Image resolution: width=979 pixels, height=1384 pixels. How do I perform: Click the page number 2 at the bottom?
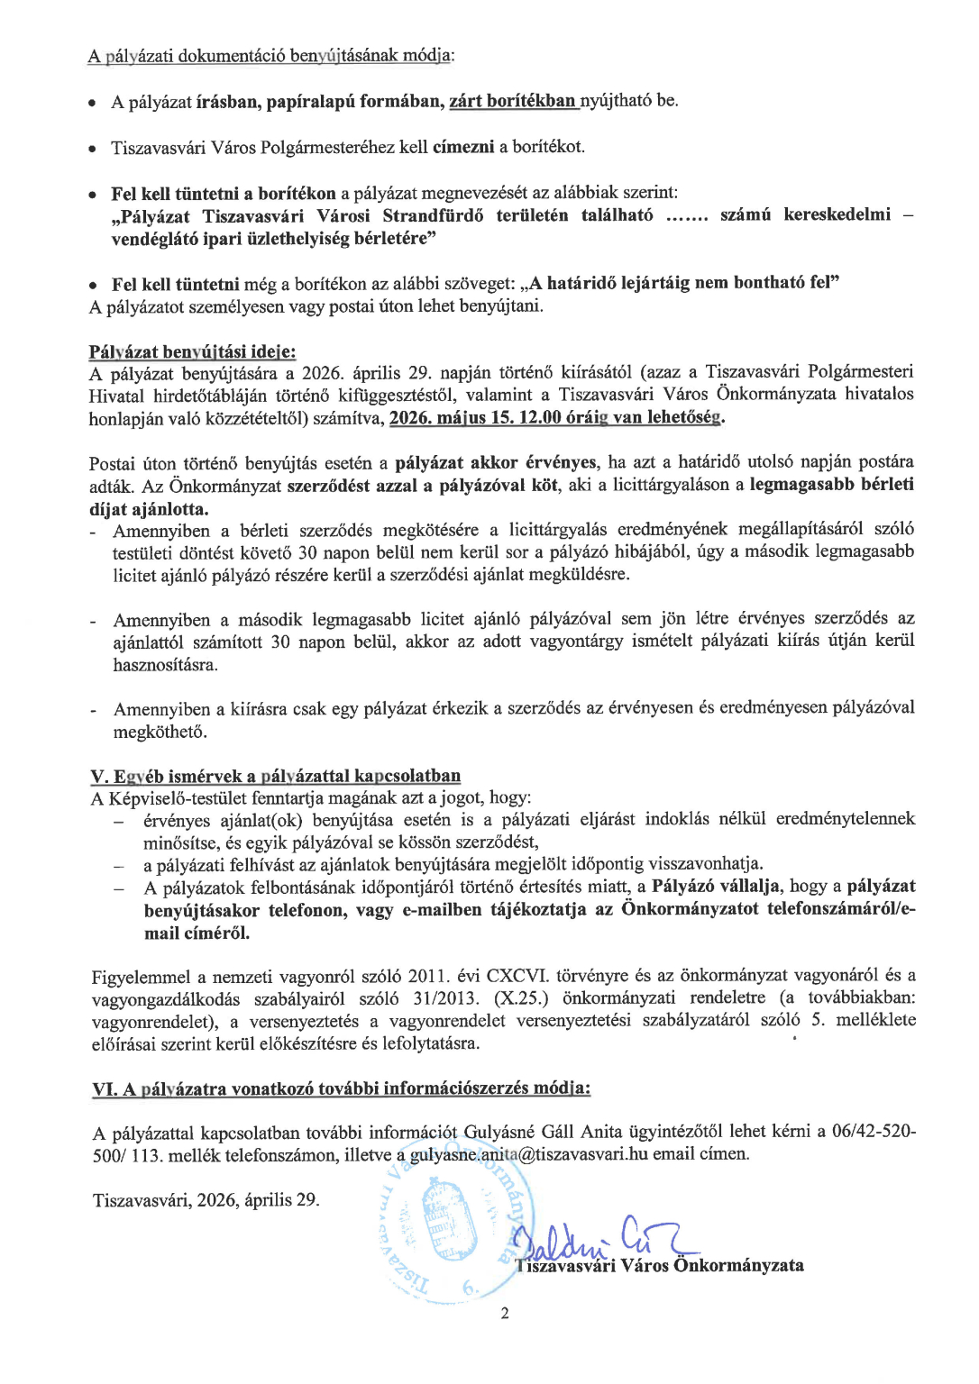pyautogui.click(x=505, y=1313)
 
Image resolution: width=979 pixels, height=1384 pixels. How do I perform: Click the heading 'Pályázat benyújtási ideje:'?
pyautogui.click(x=192, y=351)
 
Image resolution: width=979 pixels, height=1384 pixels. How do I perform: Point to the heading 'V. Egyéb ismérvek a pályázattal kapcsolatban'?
pyautogui.click(x=276, y=776)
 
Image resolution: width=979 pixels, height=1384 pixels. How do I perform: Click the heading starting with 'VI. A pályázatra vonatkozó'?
pyautogui.click(x=341, y=1088)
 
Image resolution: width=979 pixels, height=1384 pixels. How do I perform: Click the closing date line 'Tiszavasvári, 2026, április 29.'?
pyautogui.click(x=206, y=1200)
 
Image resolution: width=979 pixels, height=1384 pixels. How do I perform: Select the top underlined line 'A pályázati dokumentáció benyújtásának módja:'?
pyautogui.click(x=270, y=56)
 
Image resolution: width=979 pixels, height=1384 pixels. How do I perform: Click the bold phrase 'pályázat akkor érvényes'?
pyautogui.click(x=496, y=462)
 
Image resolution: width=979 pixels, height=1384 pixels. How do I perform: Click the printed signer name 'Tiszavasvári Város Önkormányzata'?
pyautogui.click(x=661, y=1265)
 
